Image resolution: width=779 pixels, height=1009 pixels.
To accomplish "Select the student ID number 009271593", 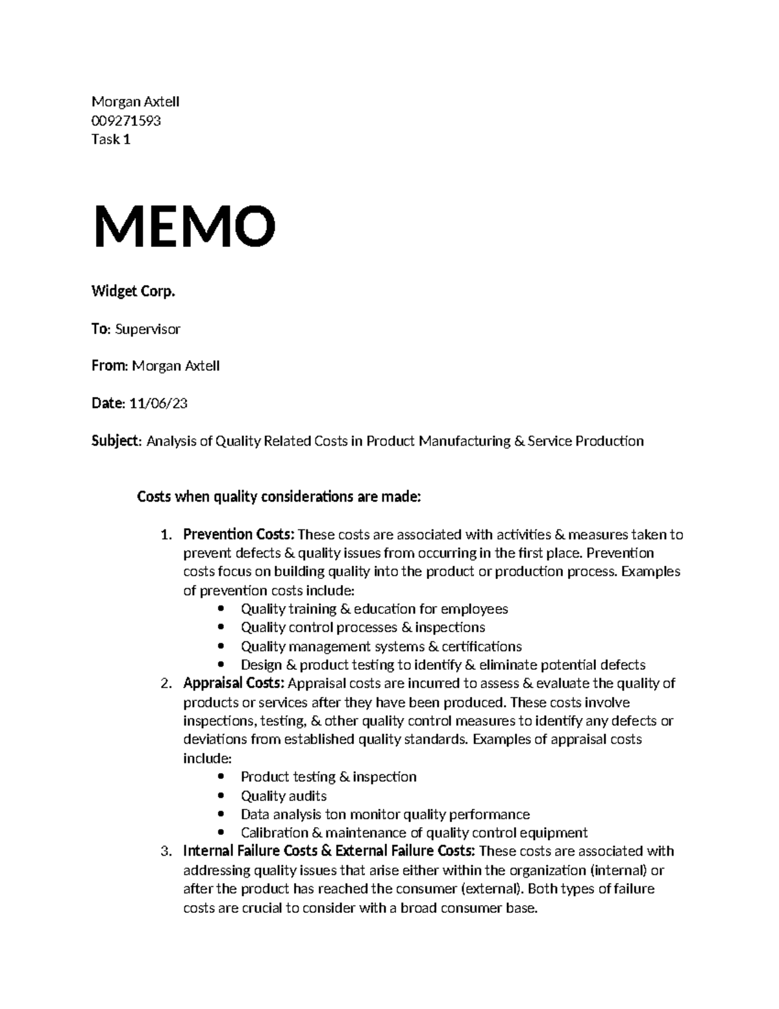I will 126,121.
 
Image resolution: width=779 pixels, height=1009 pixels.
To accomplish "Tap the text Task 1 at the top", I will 111,139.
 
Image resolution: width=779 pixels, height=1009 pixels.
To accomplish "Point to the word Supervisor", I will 147,329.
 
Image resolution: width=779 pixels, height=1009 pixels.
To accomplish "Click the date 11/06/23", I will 158,403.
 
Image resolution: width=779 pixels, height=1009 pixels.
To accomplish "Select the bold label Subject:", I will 116,441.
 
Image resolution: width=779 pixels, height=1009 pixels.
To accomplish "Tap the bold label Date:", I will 108,403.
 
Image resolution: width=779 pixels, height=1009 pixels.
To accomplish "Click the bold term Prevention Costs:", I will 239,535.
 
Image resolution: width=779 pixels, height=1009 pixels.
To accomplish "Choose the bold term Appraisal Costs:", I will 234,683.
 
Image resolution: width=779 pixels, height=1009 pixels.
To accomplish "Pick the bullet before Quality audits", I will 222,796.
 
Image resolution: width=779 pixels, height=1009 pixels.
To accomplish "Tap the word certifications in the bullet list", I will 482,646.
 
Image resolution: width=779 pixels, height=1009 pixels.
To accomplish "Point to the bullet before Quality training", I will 222,609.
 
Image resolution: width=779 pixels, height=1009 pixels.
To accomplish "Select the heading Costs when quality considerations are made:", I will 279,498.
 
